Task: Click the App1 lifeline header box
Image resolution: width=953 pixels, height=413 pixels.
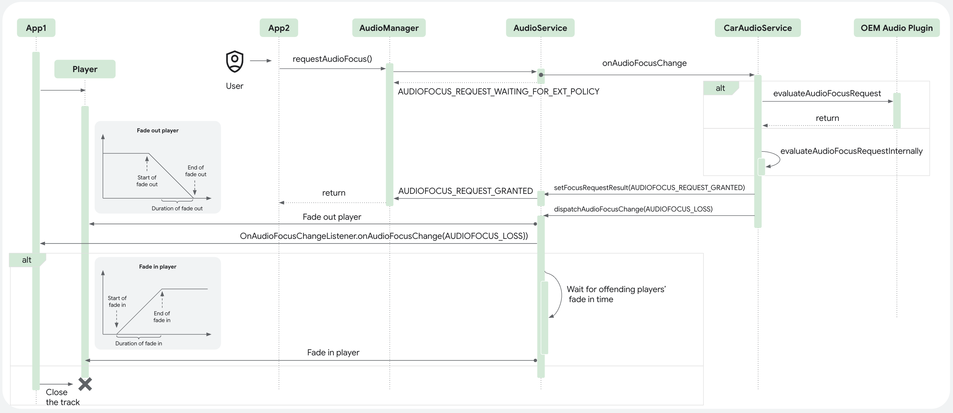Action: (36, 28)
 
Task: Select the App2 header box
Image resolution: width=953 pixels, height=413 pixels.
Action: (279, 28)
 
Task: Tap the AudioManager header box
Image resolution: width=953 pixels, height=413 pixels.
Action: (389, 28)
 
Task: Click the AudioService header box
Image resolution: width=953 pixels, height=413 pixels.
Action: (540, 28)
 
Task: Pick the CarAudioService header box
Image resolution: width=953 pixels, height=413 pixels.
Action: (757, 28)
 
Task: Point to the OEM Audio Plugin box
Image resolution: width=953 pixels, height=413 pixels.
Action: (896, 28)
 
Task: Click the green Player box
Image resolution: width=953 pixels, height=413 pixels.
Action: (85, 69)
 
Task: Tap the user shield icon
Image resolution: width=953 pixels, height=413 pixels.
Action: (235, 61)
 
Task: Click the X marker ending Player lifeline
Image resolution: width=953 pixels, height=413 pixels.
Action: (85, 384)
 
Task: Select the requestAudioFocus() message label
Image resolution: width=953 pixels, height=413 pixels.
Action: (332, 59)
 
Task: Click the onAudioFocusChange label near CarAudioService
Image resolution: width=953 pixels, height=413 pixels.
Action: (644, 63)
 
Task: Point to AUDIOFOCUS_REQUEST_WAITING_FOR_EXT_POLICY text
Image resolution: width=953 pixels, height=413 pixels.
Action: (498, 91)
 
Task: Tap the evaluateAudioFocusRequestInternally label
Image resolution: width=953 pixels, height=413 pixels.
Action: (851, 151)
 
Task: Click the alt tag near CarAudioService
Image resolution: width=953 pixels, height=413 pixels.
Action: (720, 88)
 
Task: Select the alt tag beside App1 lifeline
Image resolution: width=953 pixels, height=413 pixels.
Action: (27, 260)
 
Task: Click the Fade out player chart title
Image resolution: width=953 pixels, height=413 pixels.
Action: (158, 130)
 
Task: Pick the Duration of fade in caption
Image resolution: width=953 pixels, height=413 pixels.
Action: (138, 343)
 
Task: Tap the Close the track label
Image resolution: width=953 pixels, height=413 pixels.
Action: (62, 397)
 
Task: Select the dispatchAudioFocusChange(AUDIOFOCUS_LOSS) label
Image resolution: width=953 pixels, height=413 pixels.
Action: (633, 209)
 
